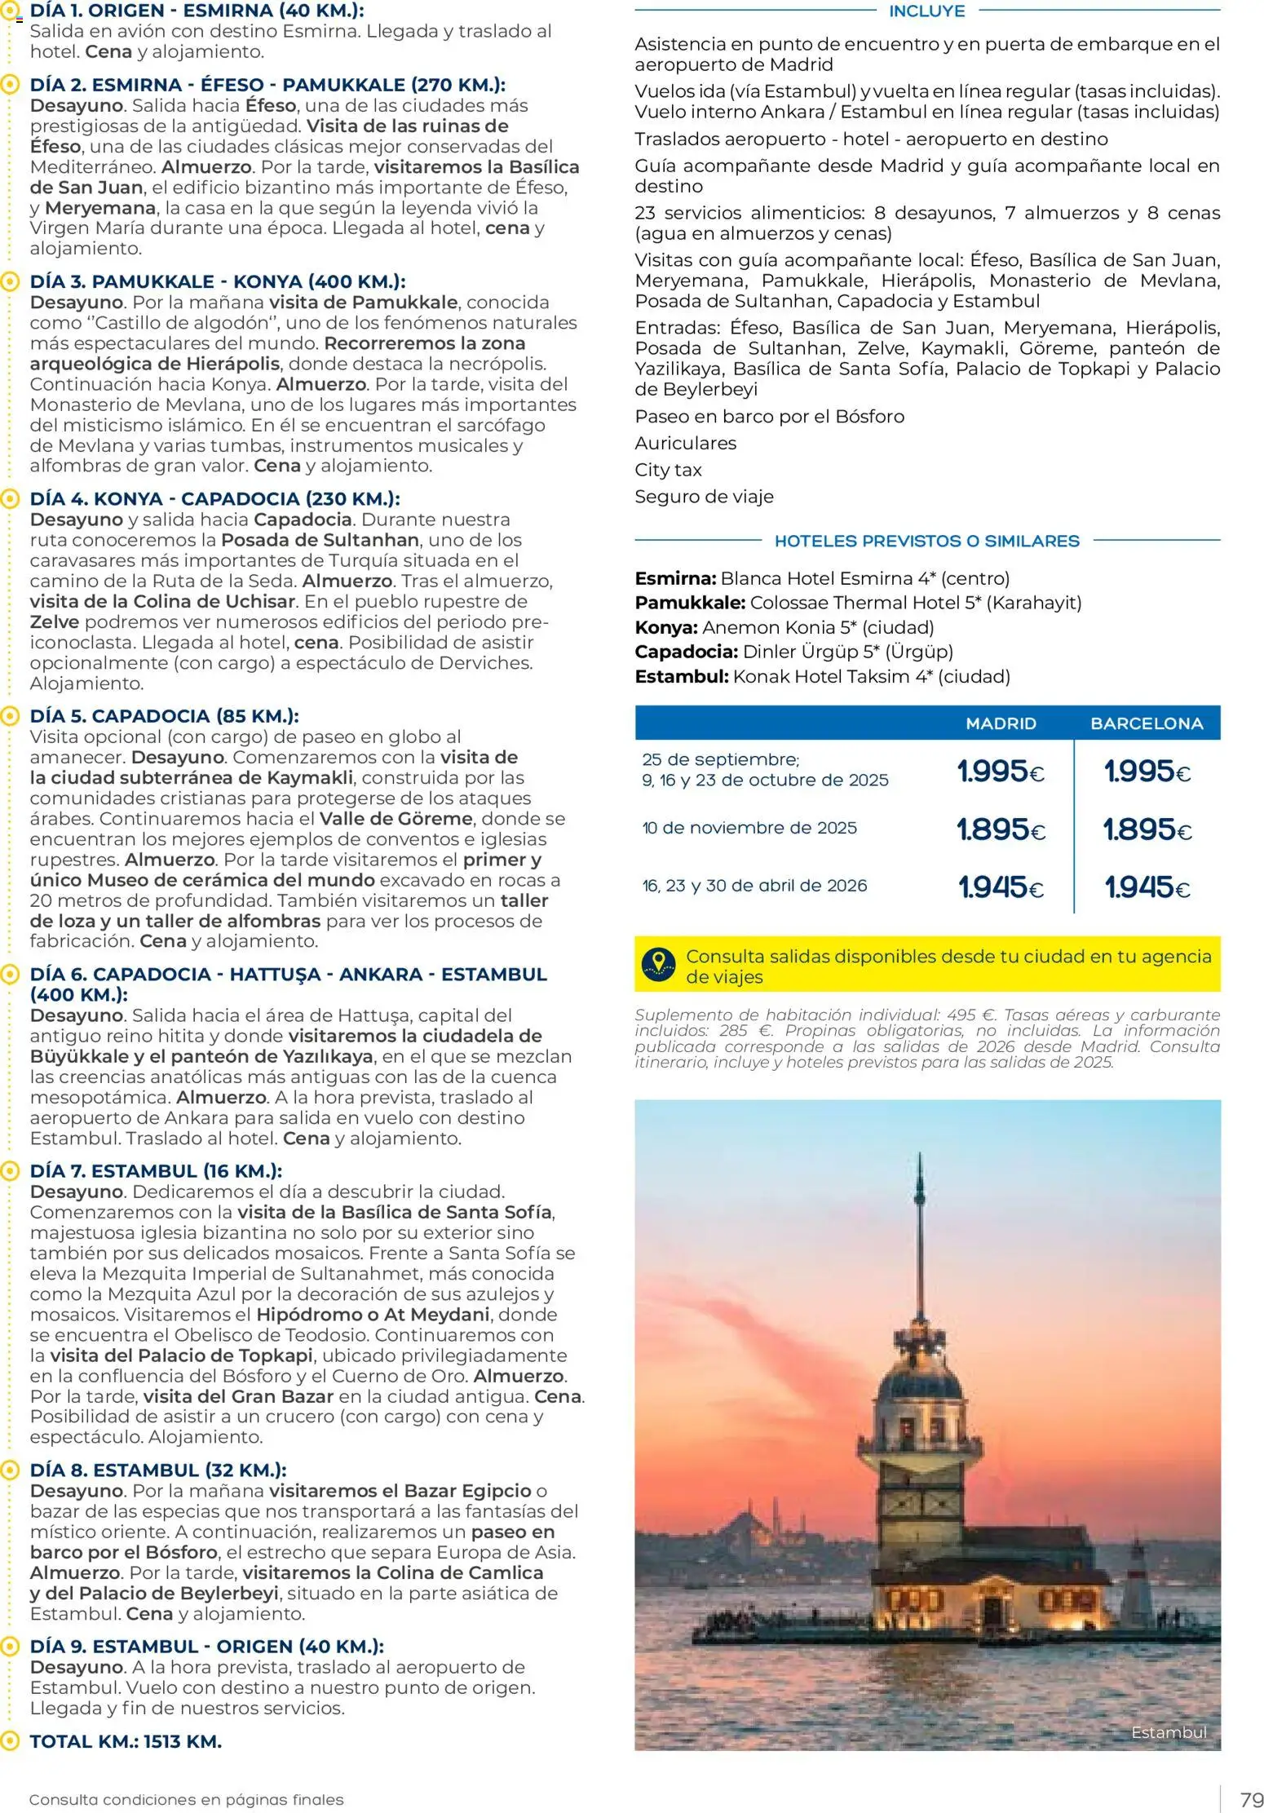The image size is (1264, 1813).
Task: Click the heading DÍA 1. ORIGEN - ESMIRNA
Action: coord(197,11)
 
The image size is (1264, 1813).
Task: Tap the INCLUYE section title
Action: coord(926,11)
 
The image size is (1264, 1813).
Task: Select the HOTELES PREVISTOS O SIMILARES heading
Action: coord(926,541)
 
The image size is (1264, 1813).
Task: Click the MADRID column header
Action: coord(1001,723)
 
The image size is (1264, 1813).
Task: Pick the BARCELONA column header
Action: coord(1147,723)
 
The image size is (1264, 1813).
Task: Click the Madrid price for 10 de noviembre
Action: coord(1001,829)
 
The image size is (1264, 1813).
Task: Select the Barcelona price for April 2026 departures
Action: coord(1147,887)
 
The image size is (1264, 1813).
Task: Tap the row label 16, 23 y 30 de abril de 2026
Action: coord(754,886)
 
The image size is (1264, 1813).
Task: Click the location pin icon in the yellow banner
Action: coord(658,964)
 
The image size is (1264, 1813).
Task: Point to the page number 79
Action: coord(1251,1799)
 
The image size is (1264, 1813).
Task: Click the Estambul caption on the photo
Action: coord(1168,1732)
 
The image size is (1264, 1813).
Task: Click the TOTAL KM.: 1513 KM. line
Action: coord(126,1741)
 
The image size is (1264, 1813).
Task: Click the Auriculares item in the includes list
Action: coord(685,443)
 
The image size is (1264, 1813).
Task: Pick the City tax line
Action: coord(668,470)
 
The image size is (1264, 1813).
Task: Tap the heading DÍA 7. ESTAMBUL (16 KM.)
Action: coord(156,1170)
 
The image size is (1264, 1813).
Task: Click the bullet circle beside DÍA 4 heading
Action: coord(10,498)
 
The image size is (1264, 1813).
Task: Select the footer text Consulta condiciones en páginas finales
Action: coord(186,1799)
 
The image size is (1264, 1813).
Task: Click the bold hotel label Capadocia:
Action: coord(686,652)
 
